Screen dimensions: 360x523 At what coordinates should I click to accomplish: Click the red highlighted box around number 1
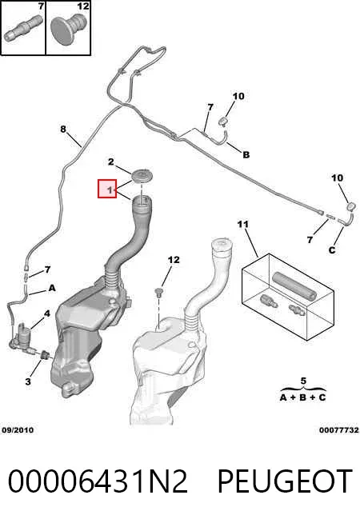click(x=107, y=189)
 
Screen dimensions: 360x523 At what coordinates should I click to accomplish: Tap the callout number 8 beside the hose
click(x=63, y=129)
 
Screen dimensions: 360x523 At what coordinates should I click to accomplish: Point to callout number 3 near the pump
click(x=28, y=381)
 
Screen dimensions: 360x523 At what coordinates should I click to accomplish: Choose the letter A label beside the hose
click(x=52, y=288)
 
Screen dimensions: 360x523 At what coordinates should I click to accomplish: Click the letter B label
click(x=246, y=155)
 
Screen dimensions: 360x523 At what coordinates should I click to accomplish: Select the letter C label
click(x=332, y=250)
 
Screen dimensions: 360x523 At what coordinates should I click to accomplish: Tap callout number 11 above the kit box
click(x=243, y=224)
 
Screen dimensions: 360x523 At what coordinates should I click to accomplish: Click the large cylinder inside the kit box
click(x=294, y=285)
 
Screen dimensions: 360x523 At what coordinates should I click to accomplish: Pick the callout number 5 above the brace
click(x=303, y=381)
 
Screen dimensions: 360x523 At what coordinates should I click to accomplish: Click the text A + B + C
click(x=302, y=397)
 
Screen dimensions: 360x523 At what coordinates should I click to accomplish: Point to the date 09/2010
click(x=18, y=430)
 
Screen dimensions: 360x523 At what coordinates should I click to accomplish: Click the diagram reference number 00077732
click(x=339, y=430)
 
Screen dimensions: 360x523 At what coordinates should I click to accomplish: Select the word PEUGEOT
click(x=285, y=481)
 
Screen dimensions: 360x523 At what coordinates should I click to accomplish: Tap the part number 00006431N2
click(x=98, y=481)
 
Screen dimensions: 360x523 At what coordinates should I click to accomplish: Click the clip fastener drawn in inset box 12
click(x=68, y=28)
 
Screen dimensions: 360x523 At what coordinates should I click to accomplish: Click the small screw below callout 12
click(x=159, y=293)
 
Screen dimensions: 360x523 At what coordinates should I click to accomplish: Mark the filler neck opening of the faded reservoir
click(x=220, y=243)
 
